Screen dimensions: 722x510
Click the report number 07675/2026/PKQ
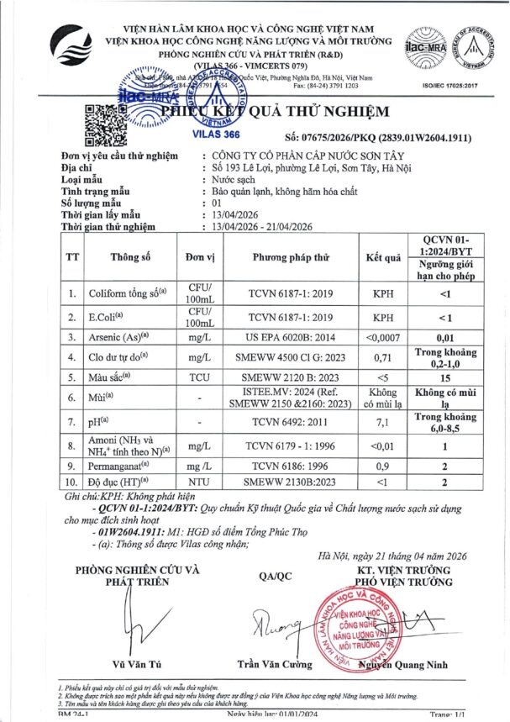pos(336,137)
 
